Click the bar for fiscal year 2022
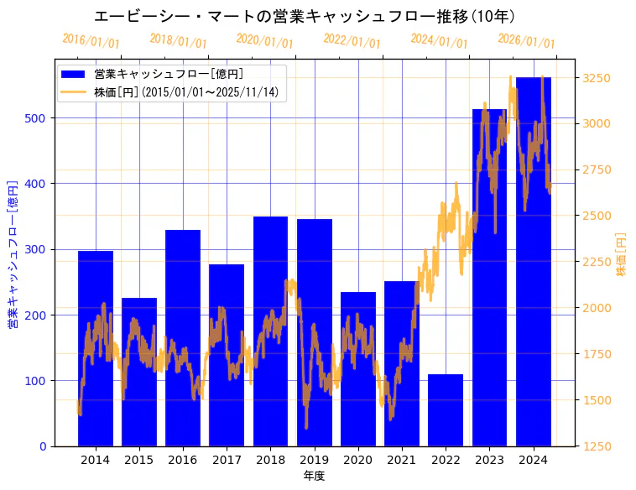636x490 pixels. coord(446,410)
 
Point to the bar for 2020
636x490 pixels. coord(358,369)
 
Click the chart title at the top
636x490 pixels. coord(305,16)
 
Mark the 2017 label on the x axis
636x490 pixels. coord(227,460)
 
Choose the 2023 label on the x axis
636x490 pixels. coord(489,460)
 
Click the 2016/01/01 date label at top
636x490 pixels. coord(91,41)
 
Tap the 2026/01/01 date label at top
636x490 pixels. coord(526,41)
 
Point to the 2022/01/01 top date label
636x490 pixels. coord(352,41)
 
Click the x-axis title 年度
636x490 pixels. coord(314,476)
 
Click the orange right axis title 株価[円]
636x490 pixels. coord(622,255)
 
